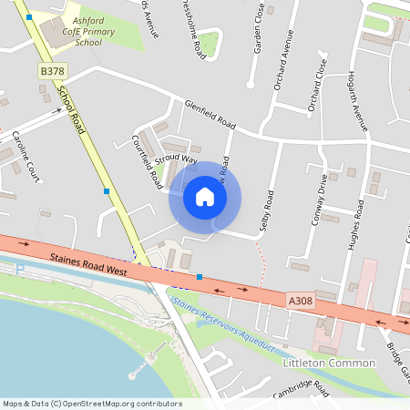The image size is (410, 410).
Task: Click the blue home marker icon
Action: (x=205, y=196)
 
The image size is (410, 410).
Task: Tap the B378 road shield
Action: (x=51, y=70)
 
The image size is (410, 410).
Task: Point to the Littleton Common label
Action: (x=329, y=363)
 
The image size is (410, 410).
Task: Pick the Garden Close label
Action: (x=259, y=27)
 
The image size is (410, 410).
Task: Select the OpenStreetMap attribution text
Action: (x=91, y=404)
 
